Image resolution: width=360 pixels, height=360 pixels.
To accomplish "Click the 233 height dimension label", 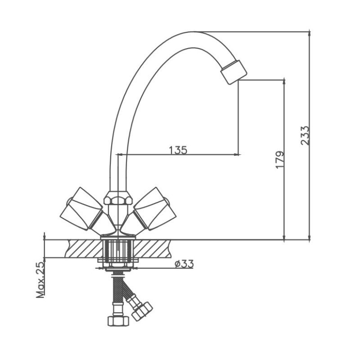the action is (x=305, y=135).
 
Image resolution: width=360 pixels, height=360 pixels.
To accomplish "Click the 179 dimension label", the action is (x=279, y=160).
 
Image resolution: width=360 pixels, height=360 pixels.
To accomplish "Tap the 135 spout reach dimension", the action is (x=178, y=150).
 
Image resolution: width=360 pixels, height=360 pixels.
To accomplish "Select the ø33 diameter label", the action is (x=184, y=264).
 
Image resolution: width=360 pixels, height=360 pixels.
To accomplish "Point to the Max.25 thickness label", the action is (x=40, y=279).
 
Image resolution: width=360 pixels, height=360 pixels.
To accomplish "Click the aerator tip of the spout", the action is (x=234, y=72).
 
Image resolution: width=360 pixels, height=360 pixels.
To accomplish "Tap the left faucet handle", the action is (x=81, y=208).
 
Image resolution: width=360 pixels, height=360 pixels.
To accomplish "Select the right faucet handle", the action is (x=155, y=208).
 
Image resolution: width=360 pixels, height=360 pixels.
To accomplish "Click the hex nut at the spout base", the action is (x=118, y=197).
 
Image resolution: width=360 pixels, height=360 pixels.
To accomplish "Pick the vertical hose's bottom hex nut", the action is (x=118, y=321).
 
